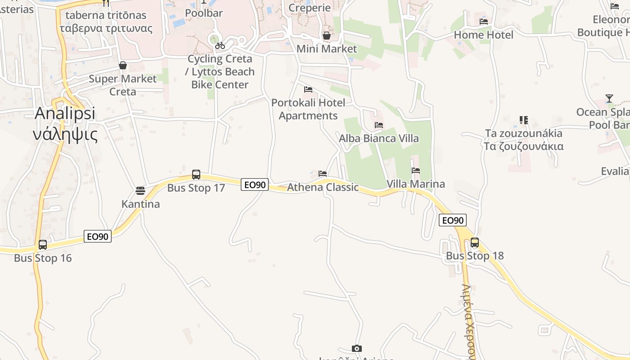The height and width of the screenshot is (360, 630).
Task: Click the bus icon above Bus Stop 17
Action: point(196,174)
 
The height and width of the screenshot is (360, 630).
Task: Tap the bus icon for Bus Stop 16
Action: point(43,245)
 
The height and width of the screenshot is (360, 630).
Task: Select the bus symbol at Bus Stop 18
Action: point(474,243)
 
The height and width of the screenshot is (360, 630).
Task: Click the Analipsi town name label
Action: point(65,113)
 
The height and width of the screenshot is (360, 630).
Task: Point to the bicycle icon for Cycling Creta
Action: point(220,45)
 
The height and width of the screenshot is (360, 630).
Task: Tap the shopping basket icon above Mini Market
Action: point(327,35)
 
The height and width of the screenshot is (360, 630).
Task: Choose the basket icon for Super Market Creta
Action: point(122,65)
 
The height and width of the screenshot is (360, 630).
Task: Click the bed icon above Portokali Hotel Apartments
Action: point(308,89)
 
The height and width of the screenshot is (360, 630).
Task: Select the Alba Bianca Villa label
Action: point(379,138)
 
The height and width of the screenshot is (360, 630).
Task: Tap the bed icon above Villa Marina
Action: point(416,171)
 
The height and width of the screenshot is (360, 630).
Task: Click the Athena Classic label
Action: point(323,187)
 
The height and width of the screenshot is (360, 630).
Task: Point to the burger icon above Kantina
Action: point(140,190)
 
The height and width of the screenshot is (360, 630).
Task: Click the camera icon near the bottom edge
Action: point(357,348)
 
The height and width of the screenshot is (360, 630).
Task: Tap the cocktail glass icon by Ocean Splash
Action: point(609,99)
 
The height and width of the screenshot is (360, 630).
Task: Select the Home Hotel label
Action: point(483,35)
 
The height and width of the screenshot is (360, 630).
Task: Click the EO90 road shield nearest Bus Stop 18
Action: point(453,220)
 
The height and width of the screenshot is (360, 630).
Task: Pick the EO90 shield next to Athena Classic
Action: point(255,184)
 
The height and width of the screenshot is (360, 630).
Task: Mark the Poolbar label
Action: point(204,13)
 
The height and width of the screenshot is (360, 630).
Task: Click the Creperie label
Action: point(309,8)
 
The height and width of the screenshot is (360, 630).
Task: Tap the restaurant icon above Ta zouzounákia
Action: point(523,120)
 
